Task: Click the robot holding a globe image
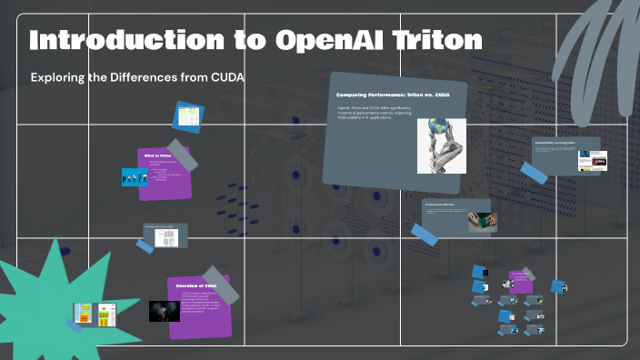click(441, 145)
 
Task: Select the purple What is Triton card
click(165, 173)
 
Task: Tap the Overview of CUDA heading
click(195, 286)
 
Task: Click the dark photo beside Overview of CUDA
click(164, 311)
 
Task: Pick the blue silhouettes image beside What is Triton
click(135, 177)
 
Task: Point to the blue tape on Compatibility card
click(534, 173)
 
